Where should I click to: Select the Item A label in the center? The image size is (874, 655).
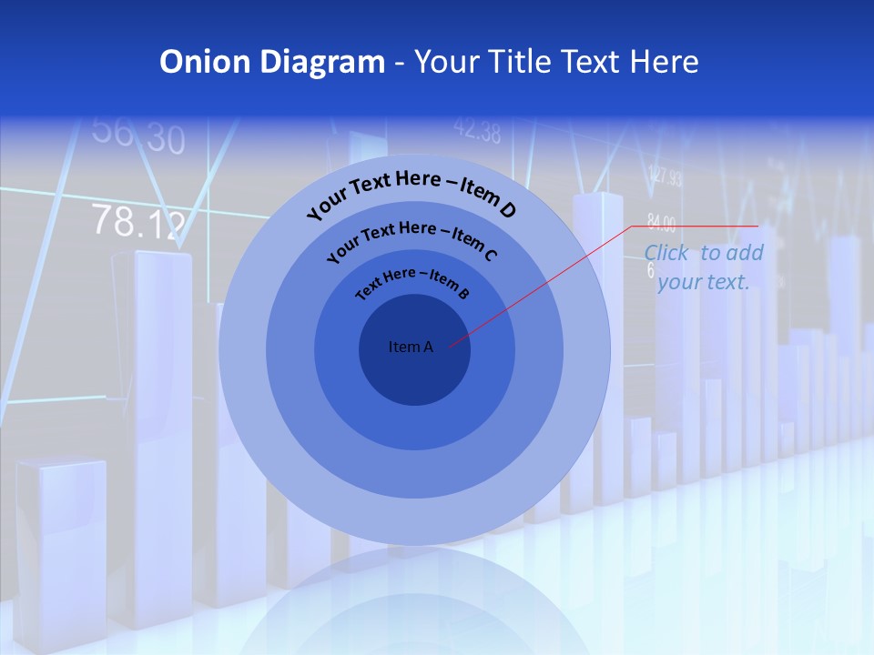coord(411,347)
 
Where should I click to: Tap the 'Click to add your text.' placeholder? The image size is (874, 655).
coord(703,267)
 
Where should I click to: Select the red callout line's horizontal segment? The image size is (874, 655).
coord(694,227)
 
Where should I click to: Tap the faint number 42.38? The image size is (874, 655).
coord(477,132)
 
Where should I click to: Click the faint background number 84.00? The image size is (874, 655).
coord(661,221)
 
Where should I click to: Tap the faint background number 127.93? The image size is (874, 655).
coord(666,176)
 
